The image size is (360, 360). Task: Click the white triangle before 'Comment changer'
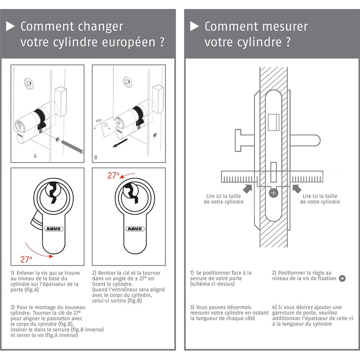(10, 27)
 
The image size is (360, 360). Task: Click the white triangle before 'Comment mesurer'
(194, 27)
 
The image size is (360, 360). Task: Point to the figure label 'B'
(96, 157)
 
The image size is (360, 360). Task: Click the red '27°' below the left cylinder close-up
(27, 259)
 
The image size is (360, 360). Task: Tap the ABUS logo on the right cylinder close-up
(134, 229)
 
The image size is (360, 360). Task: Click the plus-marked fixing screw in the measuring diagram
(273, 192)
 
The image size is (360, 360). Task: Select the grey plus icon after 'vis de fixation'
(342, 279)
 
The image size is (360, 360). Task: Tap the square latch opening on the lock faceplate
(273, 121)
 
